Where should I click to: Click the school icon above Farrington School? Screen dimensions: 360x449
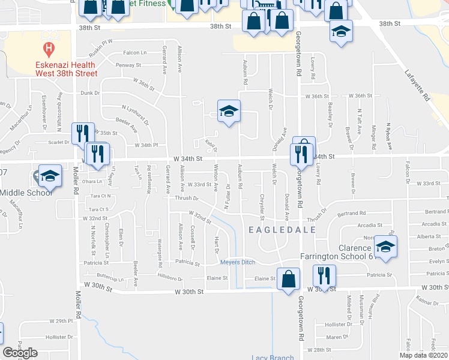coord(385,247)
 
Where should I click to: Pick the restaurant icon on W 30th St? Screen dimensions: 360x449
coord(324,276)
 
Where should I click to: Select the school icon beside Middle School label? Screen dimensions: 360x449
coord(50,175)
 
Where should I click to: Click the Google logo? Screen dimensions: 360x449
coord(20,353)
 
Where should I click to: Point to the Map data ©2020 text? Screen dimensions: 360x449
coord(423,355)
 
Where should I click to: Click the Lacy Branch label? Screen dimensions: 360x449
coord(273,358)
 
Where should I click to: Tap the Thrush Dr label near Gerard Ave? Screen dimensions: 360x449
coord(187,198)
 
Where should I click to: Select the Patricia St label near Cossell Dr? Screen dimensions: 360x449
coord(187,263)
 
